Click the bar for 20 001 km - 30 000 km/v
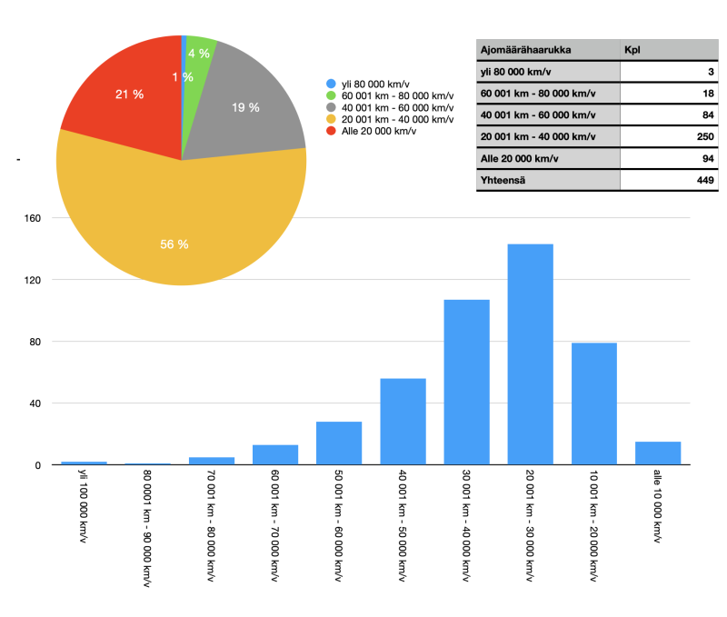530,354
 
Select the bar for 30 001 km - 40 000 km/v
466,382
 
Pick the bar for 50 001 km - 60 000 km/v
339,443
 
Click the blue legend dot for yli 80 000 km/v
332,85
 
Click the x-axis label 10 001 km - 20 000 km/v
593,527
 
